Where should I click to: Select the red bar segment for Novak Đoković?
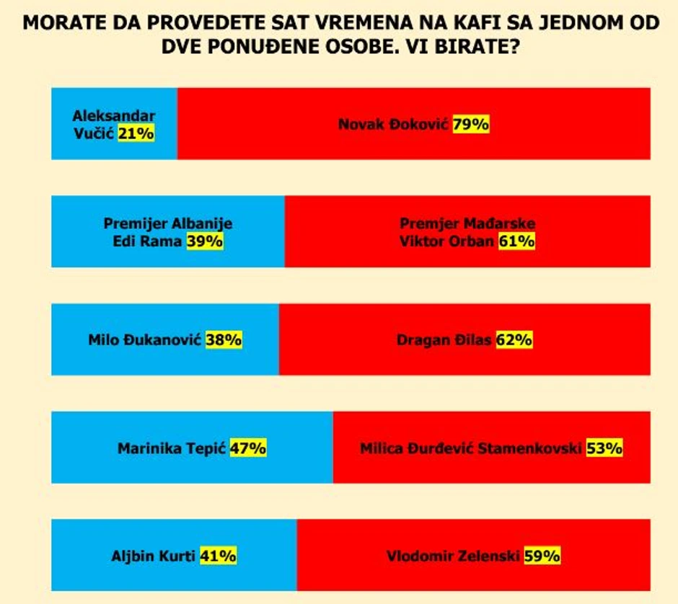413,148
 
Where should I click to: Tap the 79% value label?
471,124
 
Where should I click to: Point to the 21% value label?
136,133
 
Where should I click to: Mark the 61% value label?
516,241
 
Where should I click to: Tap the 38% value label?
224,339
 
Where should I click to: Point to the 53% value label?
604,448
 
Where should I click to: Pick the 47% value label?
249,448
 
